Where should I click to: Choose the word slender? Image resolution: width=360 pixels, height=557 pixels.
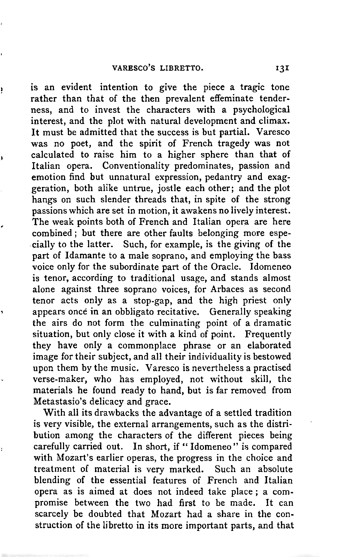click(104, 200)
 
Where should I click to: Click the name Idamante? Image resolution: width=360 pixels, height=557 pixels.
click(83, 256)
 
